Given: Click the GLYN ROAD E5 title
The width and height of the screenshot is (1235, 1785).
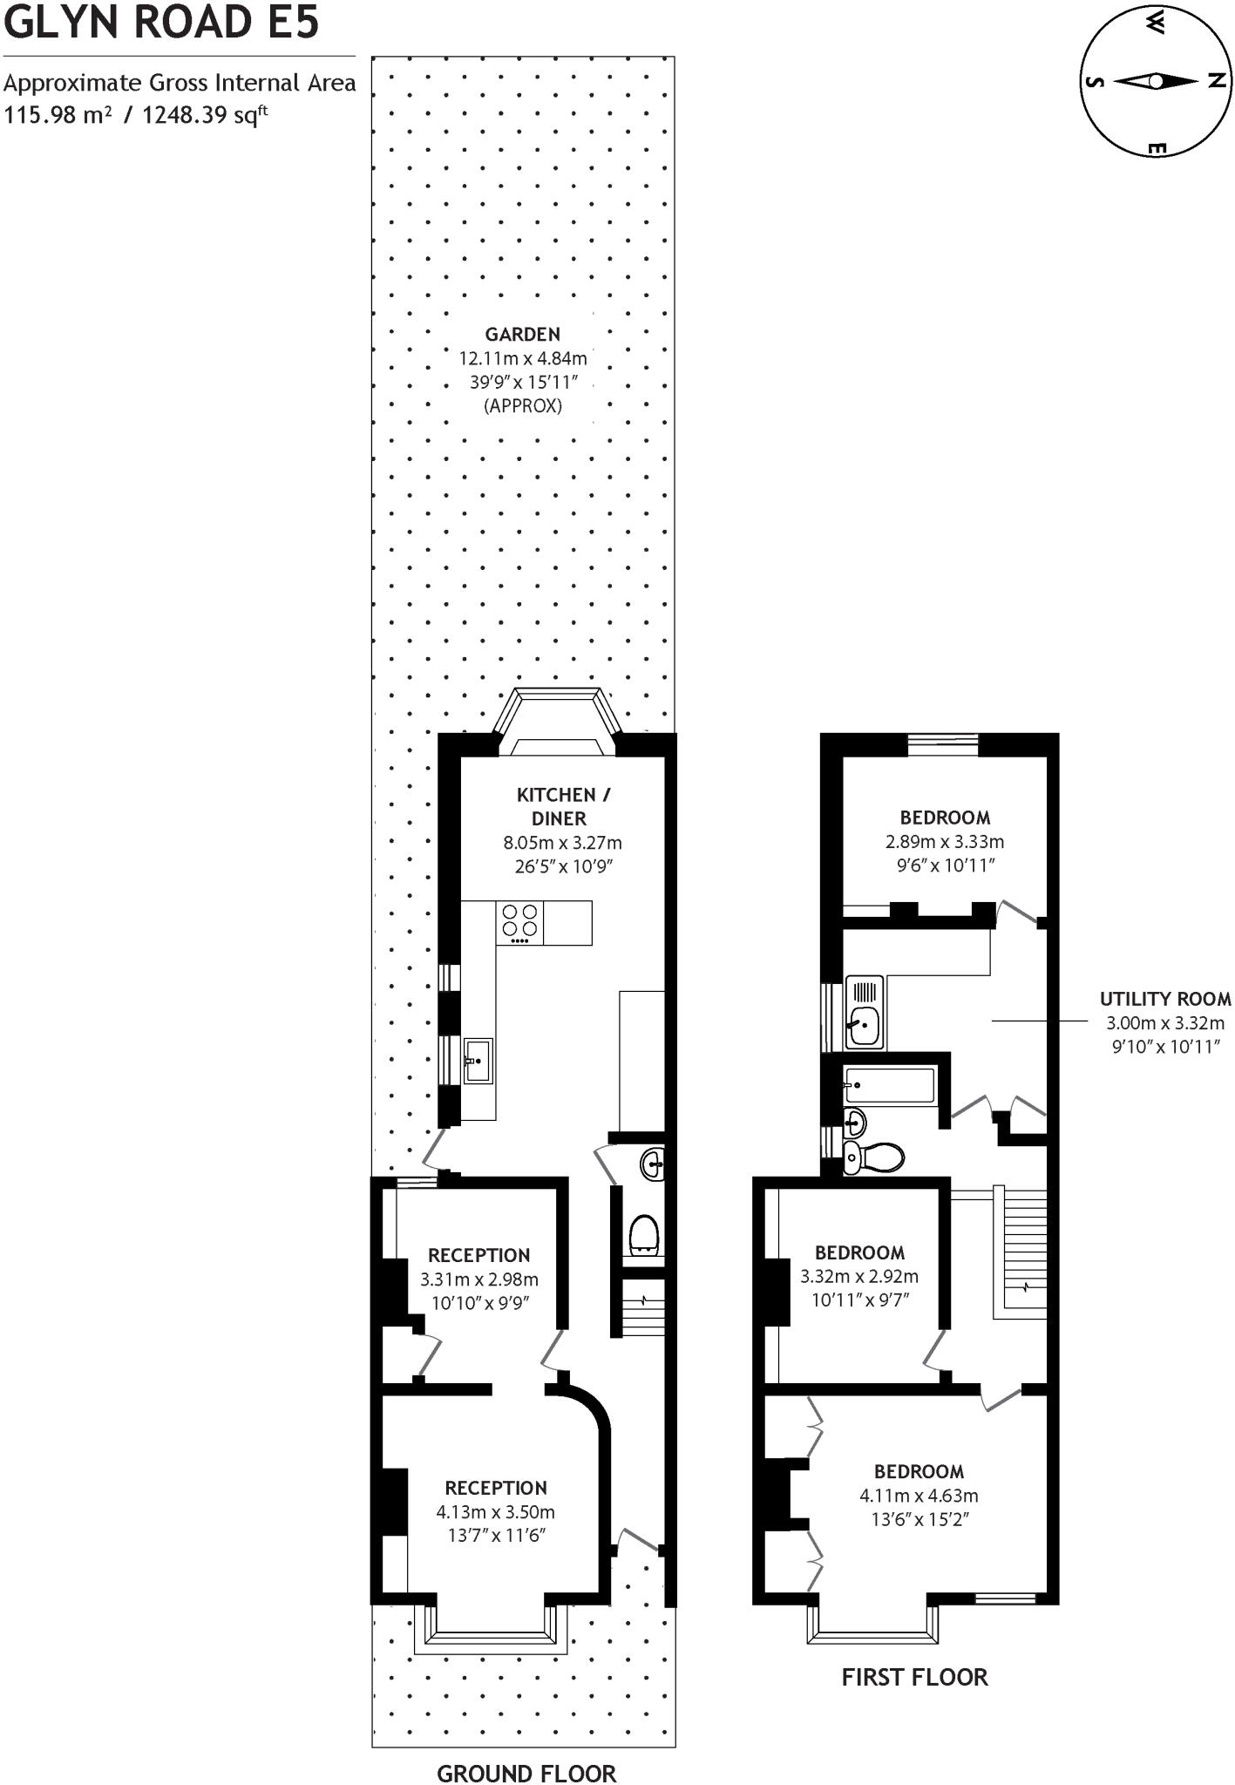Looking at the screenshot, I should tap(162, 23).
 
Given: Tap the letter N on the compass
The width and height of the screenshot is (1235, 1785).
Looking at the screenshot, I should tap(1218, 81).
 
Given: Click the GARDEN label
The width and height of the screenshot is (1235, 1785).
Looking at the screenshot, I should tap(522, 334).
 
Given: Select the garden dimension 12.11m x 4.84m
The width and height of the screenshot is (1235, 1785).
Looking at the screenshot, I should tap(523, 358).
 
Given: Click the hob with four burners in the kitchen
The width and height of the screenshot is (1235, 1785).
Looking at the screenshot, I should tap(519, 922).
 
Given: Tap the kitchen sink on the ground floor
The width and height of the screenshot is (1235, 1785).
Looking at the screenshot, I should tap(478, 1061).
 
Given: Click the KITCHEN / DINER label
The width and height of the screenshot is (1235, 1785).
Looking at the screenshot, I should tap(563, 806).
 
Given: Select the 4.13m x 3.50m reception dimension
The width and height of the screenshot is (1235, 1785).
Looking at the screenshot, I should tap(495, 1511).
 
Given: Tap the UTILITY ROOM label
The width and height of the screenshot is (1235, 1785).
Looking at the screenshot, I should tap(1165, 999).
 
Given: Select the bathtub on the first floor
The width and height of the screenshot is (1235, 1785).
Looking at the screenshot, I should tap(890, 1086).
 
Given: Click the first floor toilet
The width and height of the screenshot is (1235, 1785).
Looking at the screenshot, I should tap(875, 1157).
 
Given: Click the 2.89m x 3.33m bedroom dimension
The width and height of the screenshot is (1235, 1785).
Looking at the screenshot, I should tap(945, 842).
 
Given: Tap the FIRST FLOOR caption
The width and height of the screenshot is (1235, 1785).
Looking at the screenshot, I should tap(914, 1677).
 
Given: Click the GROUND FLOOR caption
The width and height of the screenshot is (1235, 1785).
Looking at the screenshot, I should tap(526, 1773).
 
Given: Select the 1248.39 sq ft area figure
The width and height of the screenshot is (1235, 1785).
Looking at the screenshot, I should tap(205, 114).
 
